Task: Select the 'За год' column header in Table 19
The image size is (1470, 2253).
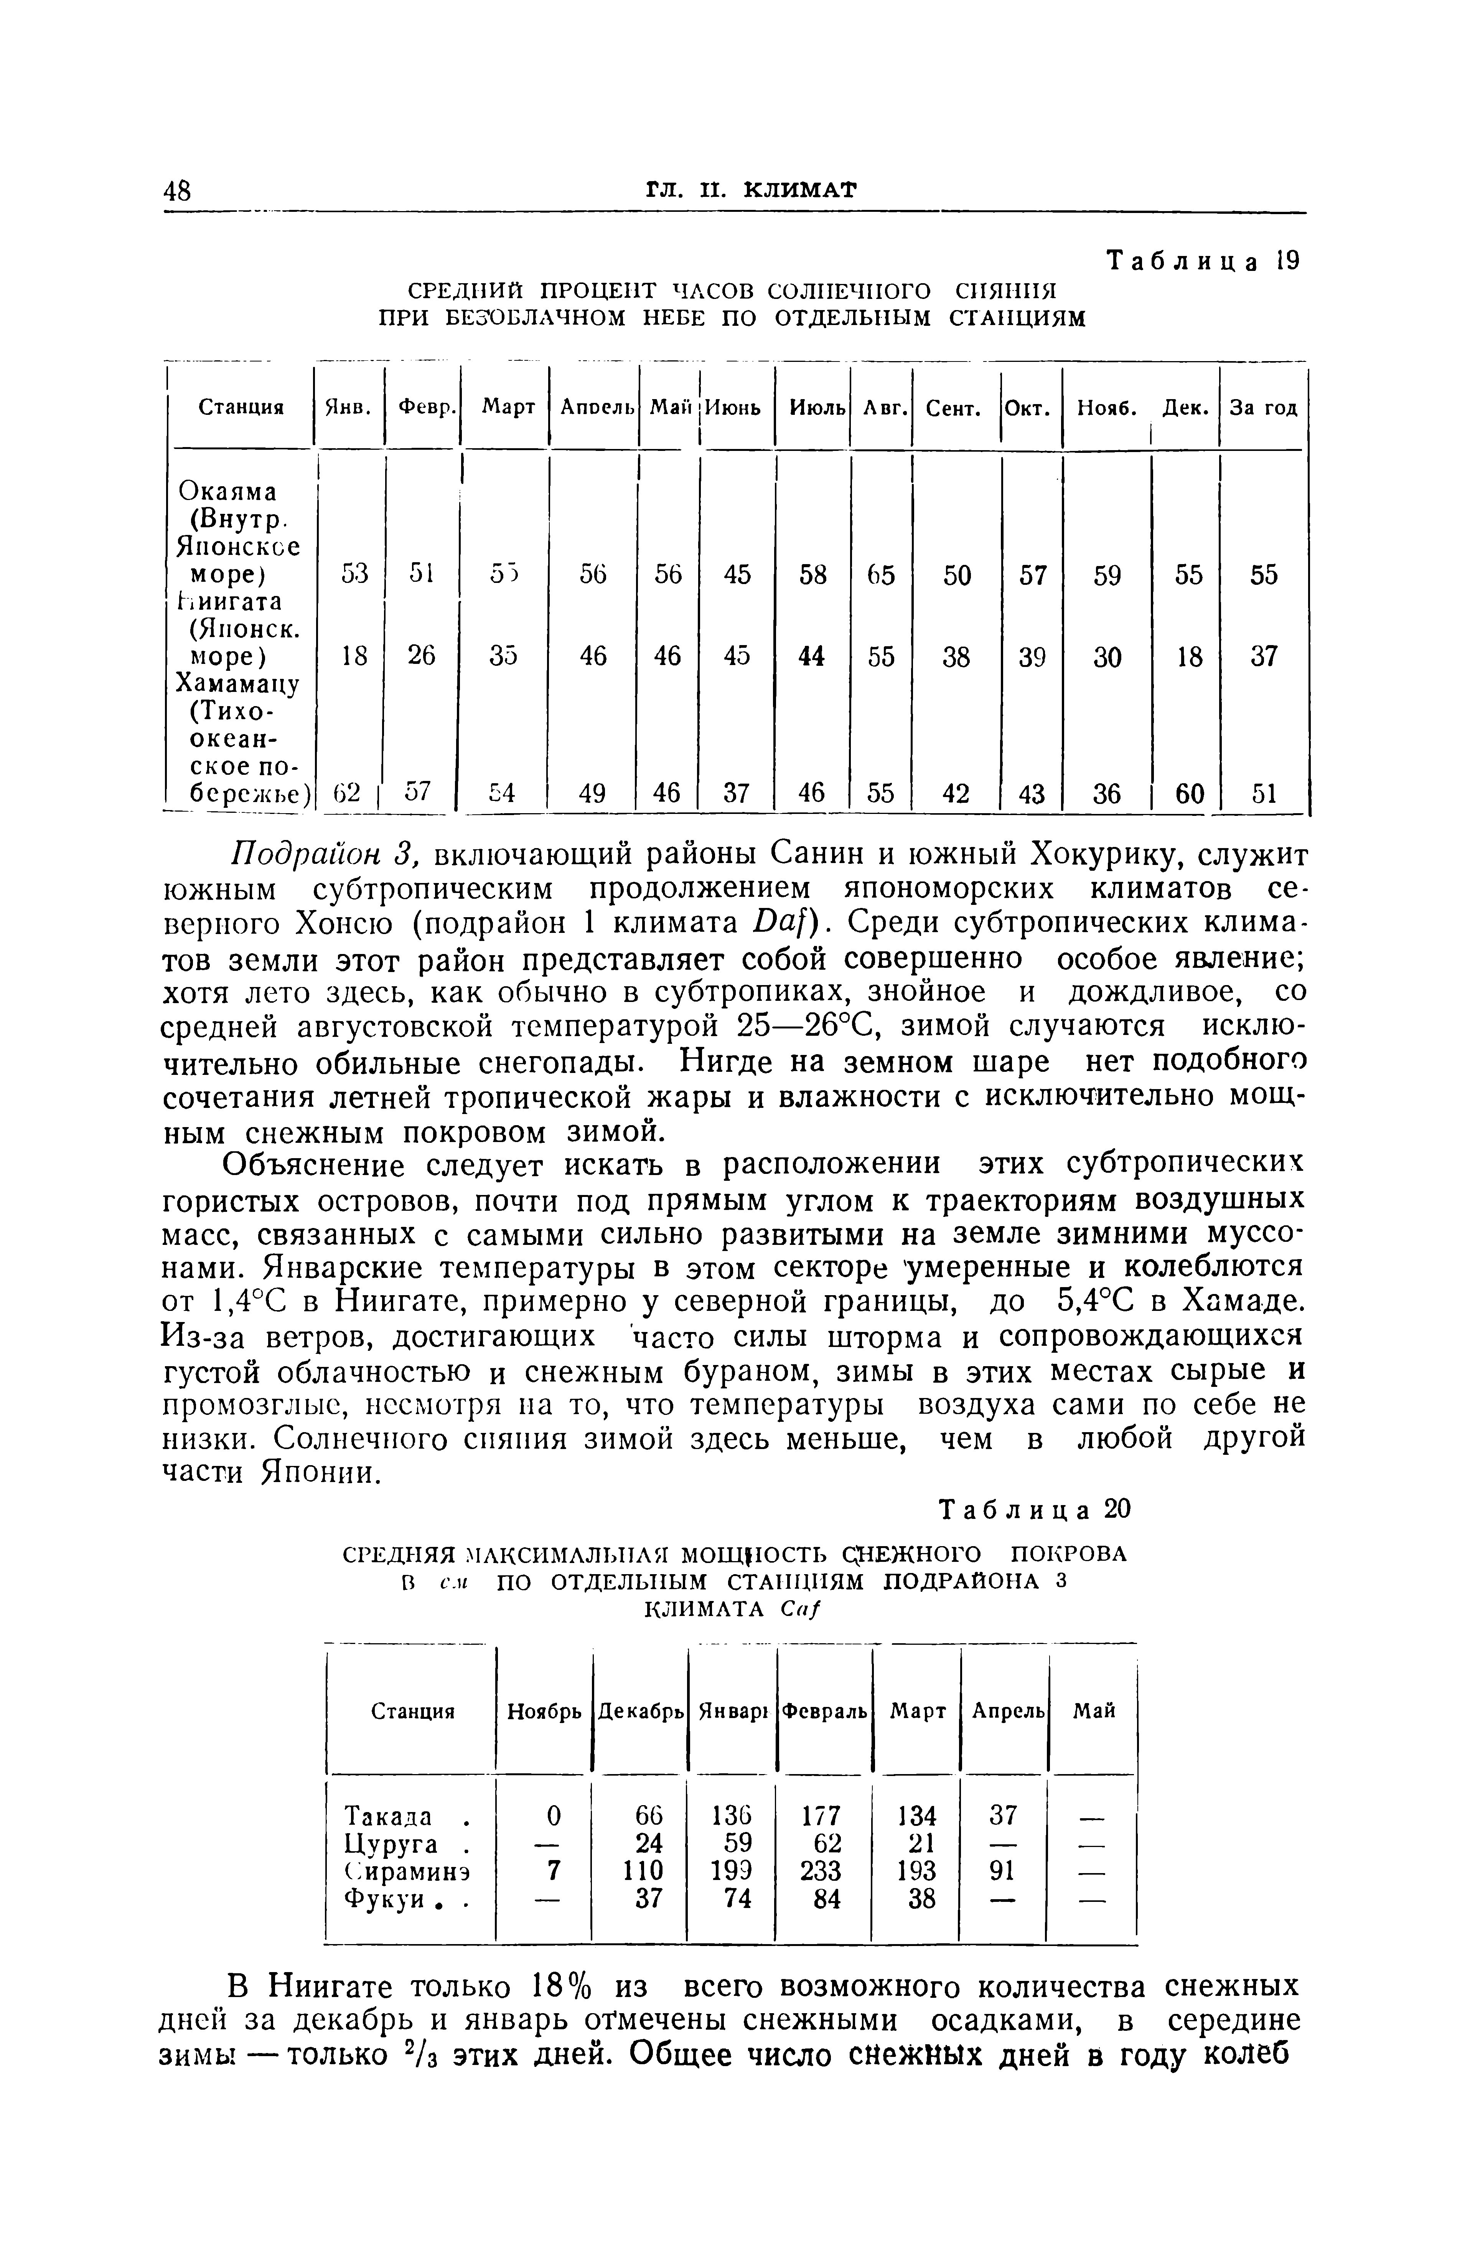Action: (x=1263, y=408)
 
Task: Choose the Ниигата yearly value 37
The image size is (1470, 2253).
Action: (x=1263, y=655)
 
